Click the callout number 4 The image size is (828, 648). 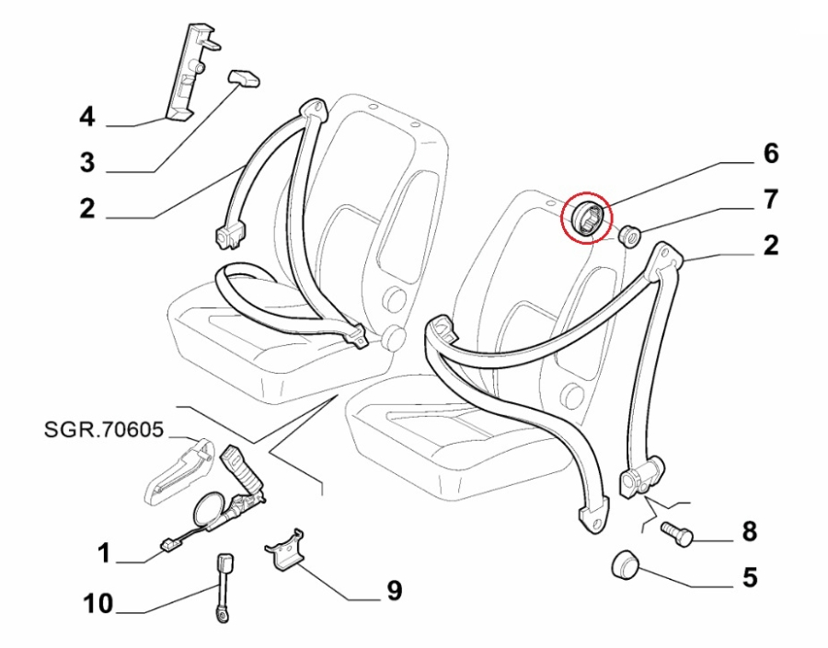86,117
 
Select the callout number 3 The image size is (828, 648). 86,164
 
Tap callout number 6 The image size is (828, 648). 770,153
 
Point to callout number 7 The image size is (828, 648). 770,198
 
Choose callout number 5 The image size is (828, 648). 749,577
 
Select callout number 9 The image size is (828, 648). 394,590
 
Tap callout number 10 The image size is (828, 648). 98,604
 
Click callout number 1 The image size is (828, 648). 104,553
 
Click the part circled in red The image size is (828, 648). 585,218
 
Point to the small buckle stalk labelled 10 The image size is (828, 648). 224,584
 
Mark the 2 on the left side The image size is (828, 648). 86,209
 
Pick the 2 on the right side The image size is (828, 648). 770,245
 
